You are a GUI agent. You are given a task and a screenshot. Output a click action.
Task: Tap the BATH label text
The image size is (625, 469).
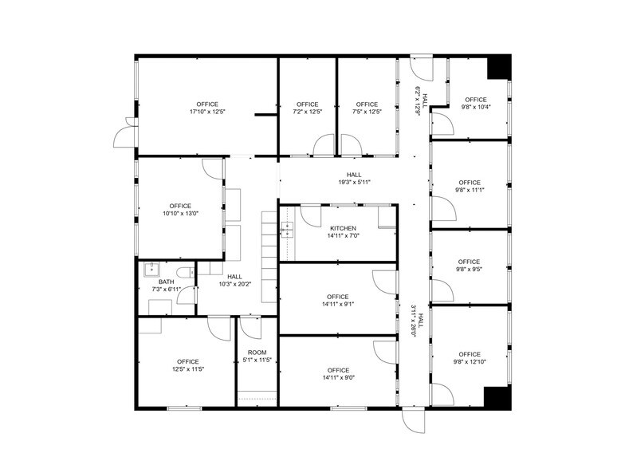[x=166, y=281]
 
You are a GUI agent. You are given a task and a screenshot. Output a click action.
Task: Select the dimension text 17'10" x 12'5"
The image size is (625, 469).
[x=207, y=112]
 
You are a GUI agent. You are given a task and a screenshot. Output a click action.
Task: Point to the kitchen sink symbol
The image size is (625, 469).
[x=286, y=231]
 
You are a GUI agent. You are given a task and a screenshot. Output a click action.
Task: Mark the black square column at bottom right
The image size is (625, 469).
[x=496, y=396]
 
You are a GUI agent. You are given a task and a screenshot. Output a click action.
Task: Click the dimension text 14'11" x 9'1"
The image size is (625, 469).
[x=338, y=303]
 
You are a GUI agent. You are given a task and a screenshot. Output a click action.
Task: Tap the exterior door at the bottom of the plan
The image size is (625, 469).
[x=415, y=420]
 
